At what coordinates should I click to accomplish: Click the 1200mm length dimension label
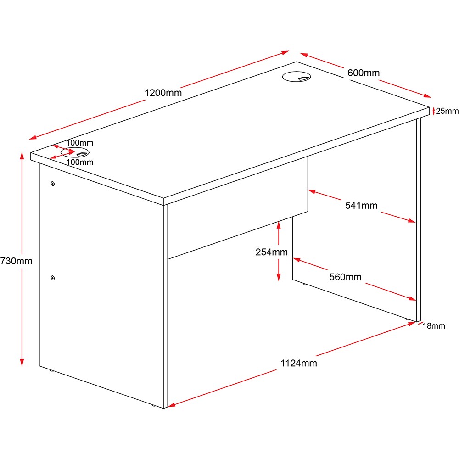tap(163, 93)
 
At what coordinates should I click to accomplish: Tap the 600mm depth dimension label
tap(363, 73)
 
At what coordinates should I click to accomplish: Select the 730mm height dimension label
tap(16, 261)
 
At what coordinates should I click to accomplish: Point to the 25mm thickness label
tap(447, 111)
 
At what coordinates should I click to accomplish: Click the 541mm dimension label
tap(361, 206)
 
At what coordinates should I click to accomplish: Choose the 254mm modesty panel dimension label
tap(271, 252)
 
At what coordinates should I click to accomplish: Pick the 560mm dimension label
tap(345, 277)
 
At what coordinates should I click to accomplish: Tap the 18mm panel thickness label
tap(434, 326)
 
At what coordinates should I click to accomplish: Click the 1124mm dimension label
tap(299, 363)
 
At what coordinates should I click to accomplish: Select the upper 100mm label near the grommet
tap(79, 143)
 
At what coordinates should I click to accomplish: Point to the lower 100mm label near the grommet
tap(80, 162)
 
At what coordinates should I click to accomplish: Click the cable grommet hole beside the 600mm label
tap(296, 77)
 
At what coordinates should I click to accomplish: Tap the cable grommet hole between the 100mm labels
tap(75, 152)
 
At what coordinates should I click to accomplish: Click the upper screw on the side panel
tap(53, 184)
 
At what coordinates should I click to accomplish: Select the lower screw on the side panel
tap(53, 278)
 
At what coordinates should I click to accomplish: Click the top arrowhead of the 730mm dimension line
tap(22, 156)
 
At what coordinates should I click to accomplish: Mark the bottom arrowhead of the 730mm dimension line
tap(22, 363)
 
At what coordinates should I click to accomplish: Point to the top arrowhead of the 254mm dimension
tap(279, 225)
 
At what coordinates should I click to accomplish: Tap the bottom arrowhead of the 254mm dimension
tap(279, 278)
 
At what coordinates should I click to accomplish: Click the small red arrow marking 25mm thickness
tap(434, 111)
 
